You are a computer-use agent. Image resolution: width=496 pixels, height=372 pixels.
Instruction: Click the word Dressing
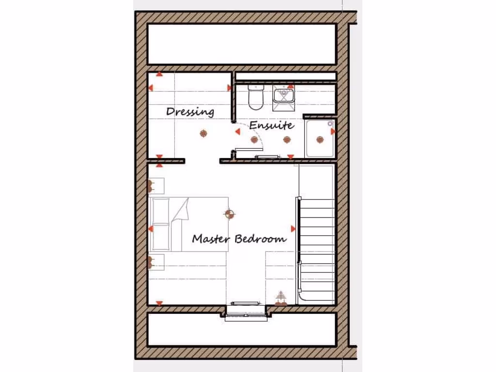point(190,111)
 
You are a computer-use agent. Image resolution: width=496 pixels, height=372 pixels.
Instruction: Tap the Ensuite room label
point(271,125)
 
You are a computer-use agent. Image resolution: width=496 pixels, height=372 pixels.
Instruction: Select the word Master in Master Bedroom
point(212,239)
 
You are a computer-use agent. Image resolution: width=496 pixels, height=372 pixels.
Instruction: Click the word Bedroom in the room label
point(261,239)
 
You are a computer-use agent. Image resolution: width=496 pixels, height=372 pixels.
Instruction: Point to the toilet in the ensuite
point(255,96)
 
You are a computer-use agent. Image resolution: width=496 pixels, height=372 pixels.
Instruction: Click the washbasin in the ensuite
point(283,95)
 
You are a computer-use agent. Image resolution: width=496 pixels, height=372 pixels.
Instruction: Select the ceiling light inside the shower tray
point(320,139)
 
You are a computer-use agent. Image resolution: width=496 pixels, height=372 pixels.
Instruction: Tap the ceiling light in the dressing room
point(203,133)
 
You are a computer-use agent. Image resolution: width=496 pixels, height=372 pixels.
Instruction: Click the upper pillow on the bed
point(160,211)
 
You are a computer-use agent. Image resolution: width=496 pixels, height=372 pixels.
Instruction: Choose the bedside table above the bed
point(156,186)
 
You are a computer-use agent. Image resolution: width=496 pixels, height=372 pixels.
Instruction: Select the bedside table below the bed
point(156,262)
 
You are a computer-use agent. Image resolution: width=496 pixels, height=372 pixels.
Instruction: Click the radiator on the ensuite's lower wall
point(267,156)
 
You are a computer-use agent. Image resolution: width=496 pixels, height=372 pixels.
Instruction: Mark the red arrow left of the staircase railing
point(293,228)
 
